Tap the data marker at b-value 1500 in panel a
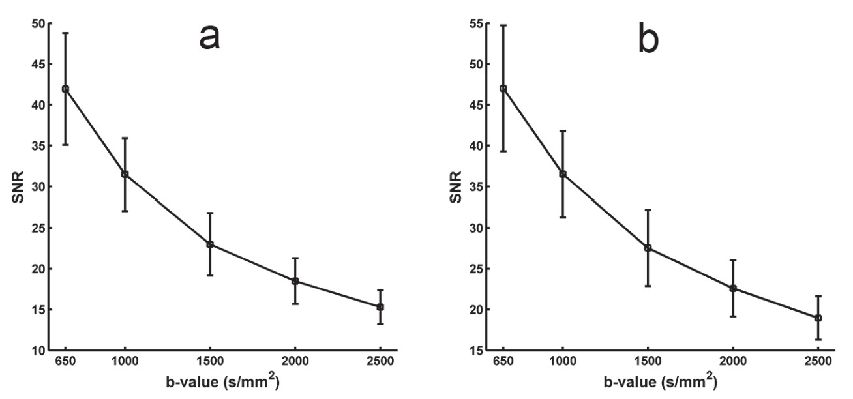210,244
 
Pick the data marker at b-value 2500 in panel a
380,306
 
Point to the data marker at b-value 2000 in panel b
733,288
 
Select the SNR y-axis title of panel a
14,186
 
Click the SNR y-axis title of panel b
453,186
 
